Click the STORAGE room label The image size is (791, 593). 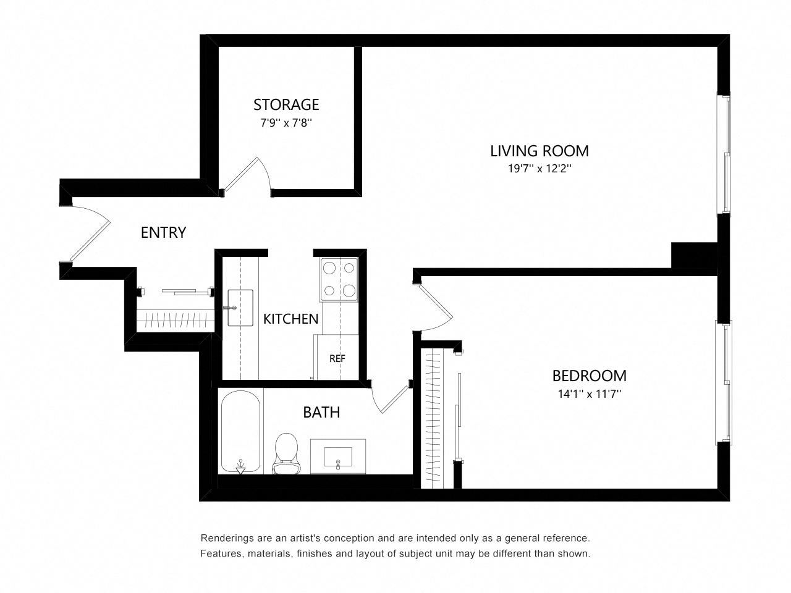[286, 104]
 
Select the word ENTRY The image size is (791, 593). [163, 233]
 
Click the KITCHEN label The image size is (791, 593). [290, 319]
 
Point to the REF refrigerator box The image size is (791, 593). [337, 358]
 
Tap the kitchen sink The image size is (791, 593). [240, 308]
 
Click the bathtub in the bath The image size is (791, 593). [240, 432]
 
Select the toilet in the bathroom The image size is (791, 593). [286, 453]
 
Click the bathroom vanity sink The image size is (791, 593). [337, 456]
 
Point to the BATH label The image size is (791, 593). [321, 412]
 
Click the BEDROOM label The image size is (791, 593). [589, 376]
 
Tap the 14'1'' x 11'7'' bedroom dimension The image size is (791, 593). [589, 393]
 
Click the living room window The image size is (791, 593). [723, 154]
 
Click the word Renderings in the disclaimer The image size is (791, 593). [226, 539]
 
